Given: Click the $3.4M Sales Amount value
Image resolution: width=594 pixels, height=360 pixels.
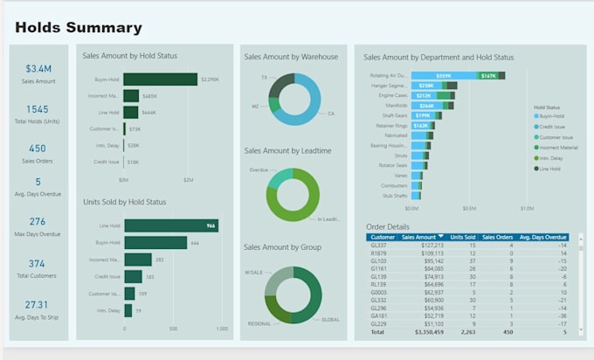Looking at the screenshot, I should (x=38, y=68).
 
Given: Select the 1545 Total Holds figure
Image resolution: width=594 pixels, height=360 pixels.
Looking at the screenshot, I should (x=38, y=109).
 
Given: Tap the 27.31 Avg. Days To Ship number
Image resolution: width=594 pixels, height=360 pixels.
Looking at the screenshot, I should (x=38, y=305).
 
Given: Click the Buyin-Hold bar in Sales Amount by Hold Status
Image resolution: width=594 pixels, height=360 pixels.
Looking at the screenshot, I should (x=160, y=80).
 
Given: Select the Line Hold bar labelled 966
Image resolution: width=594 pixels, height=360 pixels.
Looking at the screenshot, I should (x=170, y=225).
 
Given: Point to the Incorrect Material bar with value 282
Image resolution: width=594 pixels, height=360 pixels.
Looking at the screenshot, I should (x=137, y=260).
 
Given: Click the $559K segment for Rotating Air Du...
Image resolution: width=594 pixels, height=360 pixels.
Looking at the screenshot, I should (x=444, y=76).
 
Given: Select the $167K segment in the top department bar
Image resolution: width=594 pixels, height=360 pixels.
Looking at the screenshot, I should (x=488, y=76).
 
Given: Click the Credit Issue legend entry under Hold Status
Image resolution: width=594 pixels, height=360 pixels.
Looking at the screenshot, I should (x=554, y=128).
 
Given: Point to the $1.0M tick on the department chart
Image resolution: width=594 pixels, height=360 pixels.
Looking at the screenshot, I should (x=527, y=209).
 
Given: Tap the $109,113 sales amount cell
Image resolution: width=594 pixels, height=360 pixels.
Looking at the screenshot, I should (x=419, y=253).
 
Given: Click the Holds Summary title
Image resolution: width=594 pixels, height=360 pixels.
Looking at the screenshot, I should (x=79, y=28).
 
